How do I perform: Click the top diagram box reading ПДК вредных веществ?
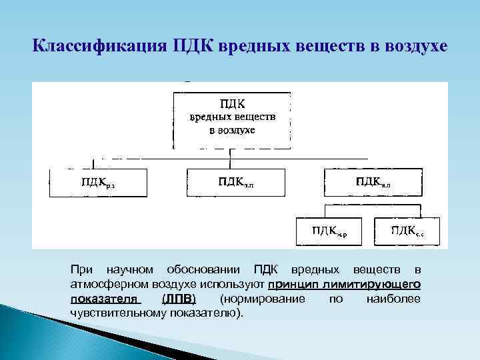click(231, 120)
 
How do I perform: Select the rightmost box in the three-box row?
click(372, 183)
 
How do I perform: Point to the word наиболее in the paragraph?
click(393, 299)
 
